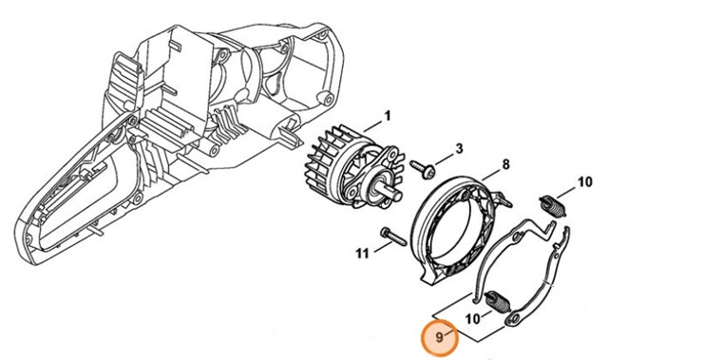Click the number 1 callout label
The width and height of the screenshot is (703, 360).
pyautogui.click(x=388, y=117)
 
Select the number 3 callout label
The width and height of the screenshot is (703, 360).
pyautogui.click(x=459, y=148)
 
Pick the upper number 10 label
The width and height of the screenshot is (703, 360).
pyautogui.click(x=585, y=181)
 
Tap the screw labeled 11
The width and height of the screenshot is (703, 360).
pyautogui.click(x=389, y=233)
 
